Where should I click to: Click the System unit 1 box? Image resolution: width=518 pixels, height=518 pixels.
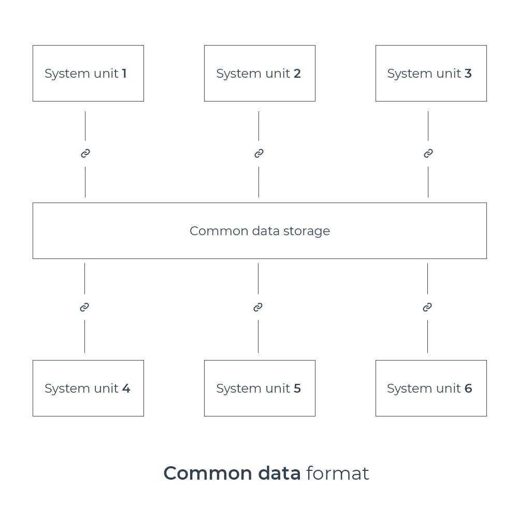coord(88,74)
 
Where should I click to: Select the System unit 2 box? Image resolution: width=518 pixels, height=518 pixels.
coord(260,74)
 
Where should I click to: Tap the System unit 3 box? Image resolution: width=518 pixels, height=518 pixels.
coord(431,74)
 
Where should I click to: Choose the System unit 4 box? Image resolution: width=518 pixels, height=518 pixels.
coord(88,388)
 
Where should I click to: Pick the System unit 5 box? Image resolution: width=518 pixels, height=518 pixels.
coord(260,388)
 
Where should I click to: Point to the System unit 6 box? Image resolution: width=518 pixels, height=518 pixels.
coord(431,388)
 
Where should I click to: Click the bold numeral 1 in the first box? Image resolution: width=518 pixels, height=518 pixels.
coord(124,74)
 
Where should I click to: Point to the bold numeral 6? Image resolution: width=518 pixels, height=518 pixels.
coord(468,388)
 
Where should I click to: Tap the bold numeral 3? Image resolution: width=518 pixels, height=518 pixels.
coord(468,74)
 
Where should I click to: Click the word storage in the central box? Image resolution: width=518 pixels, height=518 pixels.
coord(307,232)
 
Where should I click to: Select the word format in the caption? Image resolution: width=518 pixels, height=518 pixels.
coord(338,473)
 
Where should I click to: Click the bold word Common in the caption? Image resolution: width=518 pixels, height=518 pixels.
coord(208,473)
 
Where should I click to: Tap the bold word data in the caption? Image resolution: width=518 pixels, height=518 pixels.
coord(279,473)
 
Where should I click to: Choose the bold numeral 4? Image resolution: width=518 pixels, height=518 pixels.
coord(126,388)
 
